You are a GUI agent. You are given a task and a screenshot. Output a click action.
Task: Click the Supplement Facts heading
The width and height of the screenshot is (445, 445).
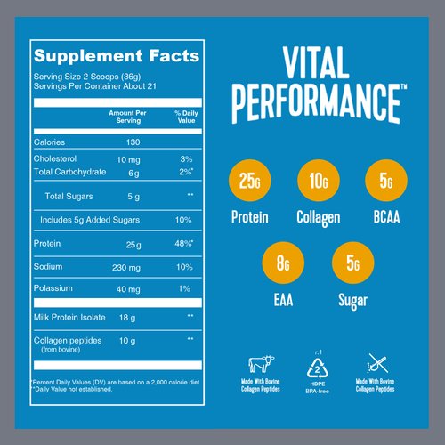[116, 56]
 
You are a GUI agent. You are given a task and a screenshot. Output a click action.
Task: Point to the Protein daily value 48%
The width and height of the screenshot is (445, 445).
[184, 242]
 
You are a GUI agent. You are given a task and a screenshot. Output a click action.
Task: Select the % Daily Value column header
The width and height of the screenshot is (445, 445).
[184, 117]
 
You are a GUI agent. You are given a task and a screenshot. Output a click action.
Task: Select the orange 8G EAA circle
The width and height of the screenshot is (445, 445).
[283, 264]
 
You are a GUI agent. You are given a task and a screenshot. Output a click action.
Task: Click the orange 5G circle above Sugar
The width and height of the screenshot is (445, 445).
[352, 264]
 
